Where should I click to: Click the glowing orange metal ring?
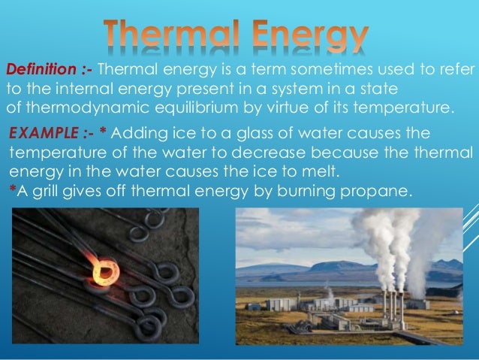[x=103, y=268]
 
